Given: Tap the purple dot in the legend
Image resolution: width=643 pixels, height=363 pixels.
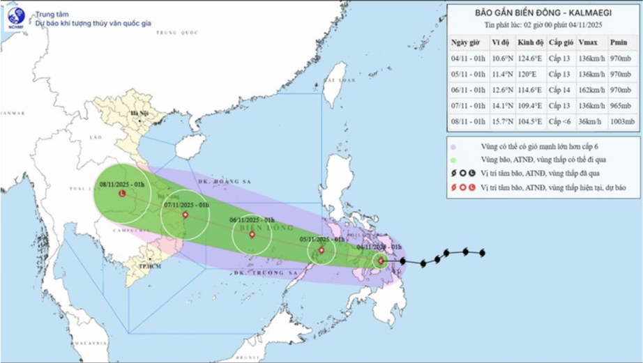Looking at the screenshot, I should coord(453,148).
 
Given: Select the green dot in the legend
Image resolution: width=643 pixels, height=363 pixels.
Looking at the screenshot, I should coord(453,160).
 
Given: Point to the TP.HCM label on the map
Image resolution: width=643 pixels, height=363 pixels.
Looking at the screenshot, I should coord(145,267).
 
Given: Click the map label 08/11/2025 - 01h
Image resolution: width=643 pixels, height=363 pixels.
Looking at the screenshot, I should coord(121,184).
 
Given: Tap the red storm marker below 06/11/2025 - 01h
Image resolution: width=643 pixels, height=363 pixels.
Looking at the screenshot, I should coord(252,235).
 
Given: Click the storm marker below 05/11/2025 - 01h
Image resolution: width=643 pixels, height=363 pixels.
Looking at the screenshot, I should coord(321,250).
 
